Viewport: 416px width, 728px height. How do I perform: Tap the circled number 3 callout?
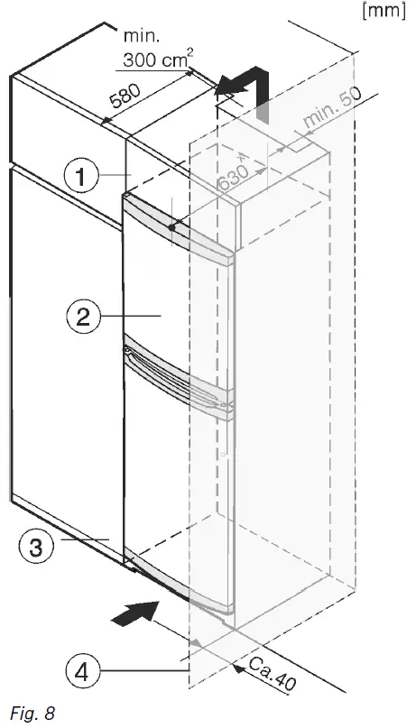[x=32, y=547]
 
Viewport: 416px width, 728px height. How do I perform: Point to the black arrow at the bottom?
[x=129, y=617]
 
